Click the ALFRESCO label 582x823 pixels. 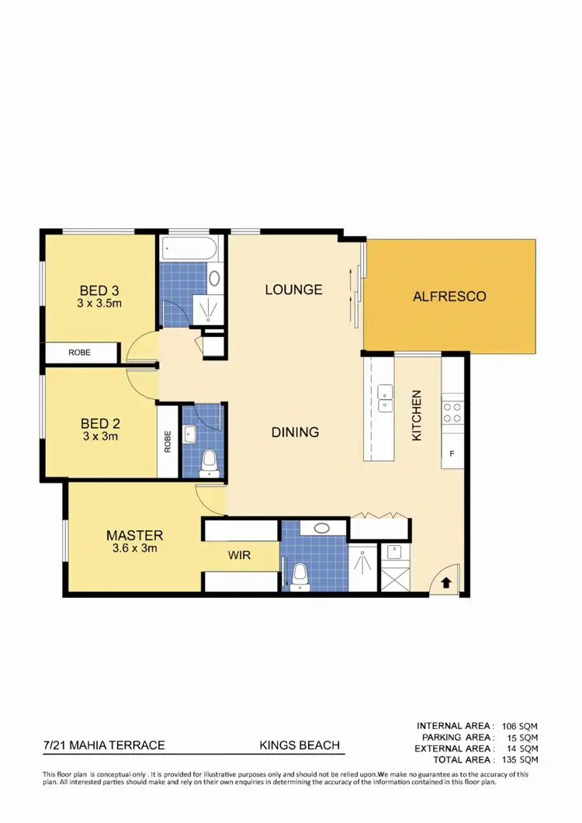coord(449,297)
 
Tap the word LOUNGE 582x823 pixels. coord(293,290)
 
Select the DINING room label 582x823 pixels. coord(295,432)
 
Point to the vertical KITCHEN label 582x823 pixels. coord(417,415)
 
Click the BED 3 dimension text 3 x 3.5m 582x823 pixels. coord(99,304)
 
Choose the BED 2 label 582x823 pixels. coord(99,424)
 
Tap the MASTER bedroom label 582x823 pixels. coord(134,535)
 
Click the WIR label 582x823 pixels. coord(239,556)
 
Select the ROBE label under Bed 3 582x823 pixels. coord(79,352)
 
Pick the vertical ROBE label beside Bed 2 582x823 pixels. coord(168,442)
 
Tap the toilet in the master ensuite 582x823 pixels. coord(298,577)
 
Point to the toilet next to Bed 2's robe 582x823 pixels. coord(208,464)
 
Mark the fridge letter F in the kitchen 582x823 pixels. coord(452,453)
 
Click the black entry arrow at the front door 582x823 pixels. coord(447,582)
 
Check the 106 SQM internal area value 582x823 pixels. coord(520,725)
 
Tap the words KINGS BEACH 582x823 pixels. coord(300,745)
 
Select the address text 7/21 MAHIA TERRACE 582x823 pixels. coord(104,745)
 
